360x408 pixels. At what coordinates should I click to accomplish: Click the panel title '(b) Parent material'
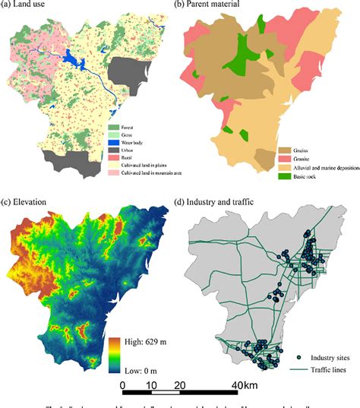click(x=217, y=7)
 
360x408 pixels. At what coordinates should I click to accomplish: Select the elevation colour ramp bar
click(x=115, y=357)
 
